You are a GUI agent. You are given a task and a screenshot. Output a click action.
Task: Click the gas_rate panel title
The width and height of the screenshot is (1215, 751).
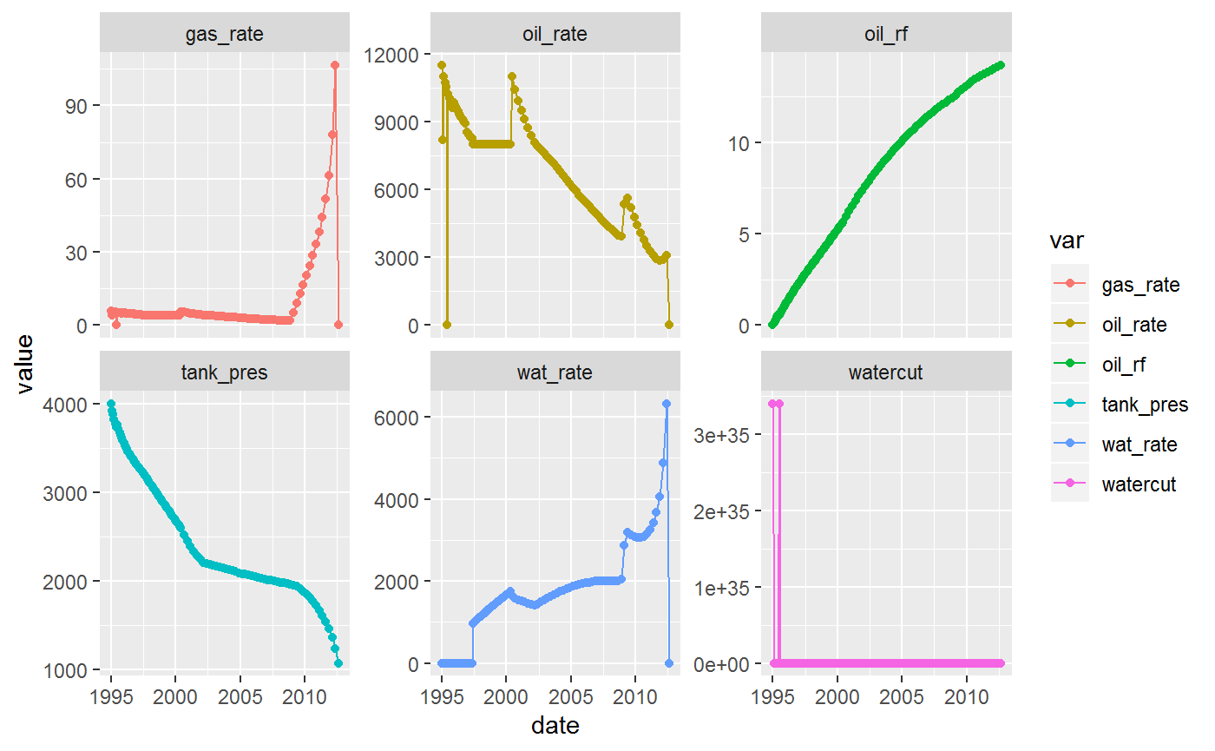coord(224,35)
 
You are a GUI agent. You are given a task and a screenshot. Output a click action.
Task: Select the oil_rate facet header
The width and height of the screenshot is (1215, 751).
coord(555,35)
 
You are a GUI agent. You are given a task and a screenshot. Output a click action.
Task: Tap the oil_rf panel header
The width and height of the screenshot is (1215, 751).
coord(886,35)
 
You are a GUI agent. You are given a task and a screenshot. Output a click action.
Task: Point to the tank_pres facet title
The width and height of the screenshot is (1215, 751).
coord(224,372)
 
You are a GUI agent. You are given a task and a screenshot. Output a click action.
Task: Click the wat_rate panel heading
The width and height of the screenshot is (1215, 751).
coord(555,372)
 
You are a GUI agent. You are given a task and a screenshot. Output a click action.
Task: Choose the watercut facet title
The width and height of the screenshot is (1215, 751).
coord(886,372)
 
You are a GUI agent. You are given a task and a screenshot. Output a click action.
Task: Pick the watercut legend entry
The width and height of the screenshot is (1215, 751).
coord(1138,484)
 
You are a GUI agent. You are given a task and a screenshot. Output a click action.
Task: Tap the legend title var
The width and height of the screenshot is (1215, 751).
coord(1065,238)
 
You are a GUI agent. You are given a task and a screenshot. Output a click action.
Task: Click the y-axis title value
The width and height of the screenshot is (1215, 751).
coord(25,363)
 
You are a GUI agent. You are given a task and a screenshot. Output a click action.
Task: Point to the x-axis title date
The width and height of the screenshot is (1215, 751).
coord(555,725)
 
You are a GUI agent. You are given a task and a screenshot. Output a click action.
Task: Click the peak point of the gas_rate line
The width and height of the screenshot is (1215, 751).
coord(335,65)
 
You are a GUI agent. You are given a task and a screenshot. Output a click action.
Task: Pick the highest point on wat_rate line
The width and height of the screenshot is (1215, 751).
coord(667,404)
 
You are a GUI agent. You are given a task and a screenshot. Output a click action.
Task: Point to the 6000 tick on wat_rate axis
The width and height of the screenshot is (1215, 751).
coord(395,418)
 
